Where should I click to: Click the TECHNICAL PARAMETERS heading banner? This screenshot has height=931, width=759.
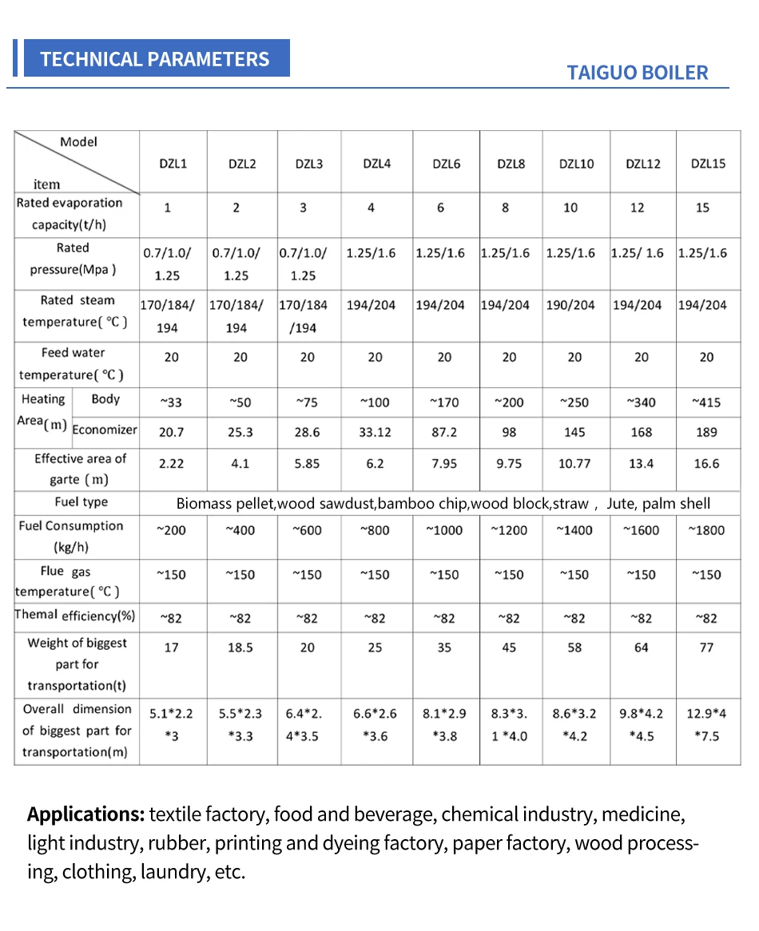tap(155, 59)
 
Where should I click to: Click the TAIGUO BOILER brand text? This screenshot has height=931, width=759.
tap(637, 73)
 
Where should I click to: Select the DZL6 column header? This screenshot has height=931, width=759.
tap(445, 164)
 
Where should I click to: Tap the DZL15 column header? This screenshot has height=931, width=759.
tap(708, 164)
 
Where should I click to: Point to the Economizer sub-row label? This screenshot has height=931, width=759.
tap(105, 430)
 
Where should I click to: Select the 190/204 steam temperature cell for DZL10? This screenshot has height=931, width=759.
tap(570, 305)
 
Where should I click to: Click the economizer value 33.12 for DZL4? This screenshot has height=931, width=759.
tap(376, 432)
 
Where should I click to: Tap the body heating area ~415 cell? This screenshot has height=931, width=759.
tap(706, 402)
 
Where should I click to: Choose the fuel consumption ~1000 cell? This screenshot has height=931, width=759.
tap(444, 530)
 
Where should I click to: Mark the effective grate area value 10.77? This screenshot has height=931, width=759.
tap(574, 463)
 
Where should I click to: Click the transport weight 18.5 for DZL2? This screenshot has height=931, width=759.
tap(240, 648)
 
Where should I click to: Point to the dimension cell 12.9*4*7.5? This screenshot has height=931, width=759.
tap(706, 724)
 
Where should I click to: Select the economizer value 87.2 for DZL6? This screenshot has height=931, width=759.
tap(444, 432)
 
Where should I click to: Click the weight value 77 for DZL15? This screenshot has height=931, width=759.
tap(706, 648)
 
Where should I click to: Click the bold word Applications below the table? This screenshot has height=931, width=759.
tap(85, 815)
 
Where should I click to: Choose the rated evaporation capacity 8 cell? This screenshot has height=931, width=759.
tap(505, 208)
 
